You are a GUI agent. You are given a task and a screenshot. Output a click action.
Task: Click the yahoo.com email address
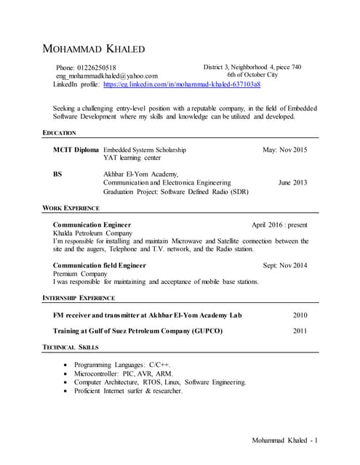pyautogui.click(x=107, y=76)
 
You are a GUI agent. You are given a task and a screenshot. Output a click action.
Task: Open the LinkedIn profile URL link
pyautogui.click(x=182, y=84)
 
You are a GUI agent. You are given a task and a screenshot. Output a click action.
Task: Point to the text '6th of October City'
pyautogui.click(x=252, y=75)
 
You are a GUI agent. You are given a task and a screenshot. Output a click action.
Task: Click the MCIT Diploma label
pyautogui.click(x=76, y=150)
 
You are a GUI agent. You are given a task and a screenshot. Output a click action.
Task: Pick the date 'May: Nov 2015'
pyautogui.click(x=285, y=150)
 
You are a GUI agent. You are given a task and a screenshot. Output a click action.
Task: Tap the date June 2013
pyautogui.click(x=292, y=183)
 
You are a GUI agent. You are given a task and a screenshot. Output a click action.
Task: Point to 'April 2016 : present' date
pyautogui.click(x=279, y=225)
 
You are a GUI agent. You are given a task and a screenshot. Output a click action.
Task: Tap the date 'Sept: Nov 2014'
pyautogui.click(x=285, y=266)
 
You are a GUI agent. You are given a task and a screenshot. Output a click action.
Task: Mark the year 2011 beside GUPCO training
pyautogui.click(x=300, y=331)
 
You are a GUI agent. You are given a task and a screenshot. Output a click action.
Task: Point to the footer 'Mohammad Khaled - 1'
pyautogui.click(x=285, y=440)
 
